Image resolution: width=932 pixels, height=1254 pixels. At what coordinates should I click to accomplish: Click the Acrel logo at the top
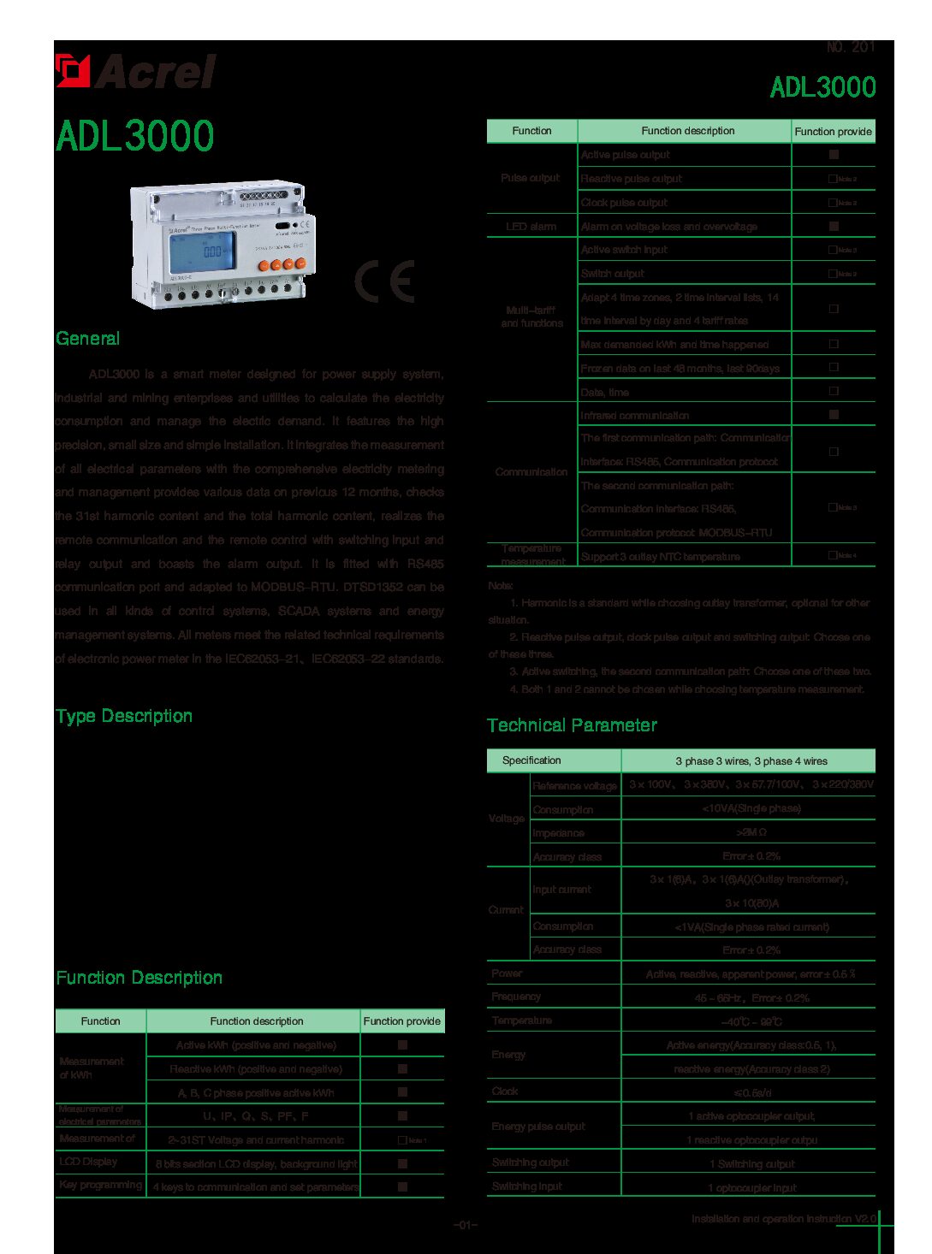136,71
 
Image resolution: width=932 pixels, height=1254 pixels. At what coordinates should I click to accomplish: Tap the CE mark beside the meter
384,281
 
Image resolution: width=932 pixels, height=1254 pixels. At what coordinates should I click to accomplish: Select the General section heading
87,339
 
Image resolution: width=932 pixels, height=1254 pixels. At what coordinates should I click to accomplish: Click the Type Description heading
124,716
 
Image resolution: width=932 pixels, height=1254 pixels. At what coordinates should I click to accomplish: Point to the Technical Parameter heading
572,725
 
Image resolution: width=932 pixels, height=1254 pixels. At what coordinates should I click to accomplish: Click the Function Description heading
139,978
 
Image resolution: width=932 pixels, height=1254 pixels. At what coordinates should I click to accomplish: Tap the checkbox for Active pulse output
834,155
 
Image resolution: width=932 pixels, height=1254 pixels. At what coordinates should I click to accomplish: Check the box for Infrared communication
834,414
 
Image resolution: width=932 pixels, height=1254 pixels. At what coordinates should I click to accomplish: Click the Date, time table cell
605,392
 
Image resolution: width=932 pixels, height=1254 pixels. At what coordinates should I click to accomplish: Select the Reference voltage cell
574,785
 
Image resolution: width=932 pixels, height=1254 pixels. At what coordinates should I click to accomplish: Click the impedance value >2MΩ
751,832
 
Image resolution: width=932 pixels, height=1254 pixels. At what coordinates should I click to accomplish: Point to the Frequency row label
516,997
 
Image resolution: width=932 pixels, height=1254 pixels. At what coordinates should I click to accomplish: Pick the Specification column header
531,760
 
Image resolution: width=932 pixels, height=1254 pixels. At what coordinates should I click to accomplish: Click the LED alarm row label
531,227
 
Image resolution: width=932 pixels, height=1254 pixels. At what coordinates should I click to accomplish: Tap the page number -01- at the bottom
465,1225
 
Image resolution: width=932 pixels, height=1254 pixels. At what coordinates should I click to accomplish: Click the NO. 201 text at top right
851,48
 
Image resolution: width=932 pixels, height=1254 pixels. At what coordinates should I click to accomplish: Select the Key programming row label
100,1185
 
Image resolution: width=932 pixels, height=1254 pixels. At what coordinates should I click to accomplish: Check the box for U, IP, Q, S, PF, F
402,1115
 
